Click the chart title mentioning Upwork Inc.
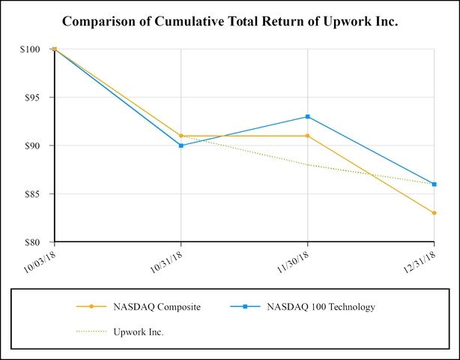click(x=229, y=21)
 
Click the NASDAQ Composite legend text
click(x=157, y=307)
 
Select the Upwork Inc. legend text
click(x=139, y=331)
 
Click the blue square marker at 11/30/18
click(x=308, y=116)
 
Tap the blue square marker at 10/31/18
click(x=181, y=145)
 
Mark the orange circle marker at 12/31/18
click(x=435, y=213)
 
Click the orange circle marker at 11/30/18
click(x=308, y=136)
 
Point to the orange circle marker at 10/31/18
click(x=181, y=136)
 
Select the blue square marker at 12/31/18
click(x=435, y=184)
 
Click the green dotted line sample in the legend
click(x=91, y=331)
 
